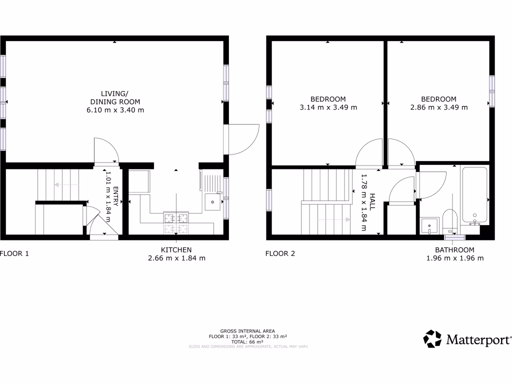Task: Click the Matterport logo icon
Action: click(432, 338)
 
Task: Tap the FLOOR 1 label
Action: click(14, 253)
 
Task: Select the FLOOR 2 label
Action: click(280, 253)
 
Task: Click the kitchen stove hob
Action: click(176, 223)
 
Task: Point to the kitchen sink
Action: click(212, 202)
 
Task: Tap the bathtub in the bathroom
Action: click(475, 195)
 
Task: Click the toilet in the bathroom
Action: click(450, 220)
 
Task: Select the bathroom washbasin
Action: click(429, 226)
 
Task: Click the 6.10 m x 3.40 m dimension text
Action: click(115, 110)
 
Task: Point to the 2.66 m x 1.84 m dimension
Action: click(176, 258)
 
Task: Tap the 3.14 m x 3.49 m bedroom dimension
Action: click(328, 107)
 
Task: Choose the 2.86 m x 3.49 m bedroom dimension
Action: click(438, 107)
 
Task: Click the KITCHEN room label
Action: click(176, 250)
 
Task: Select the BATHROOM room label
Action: click(454, 250)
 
